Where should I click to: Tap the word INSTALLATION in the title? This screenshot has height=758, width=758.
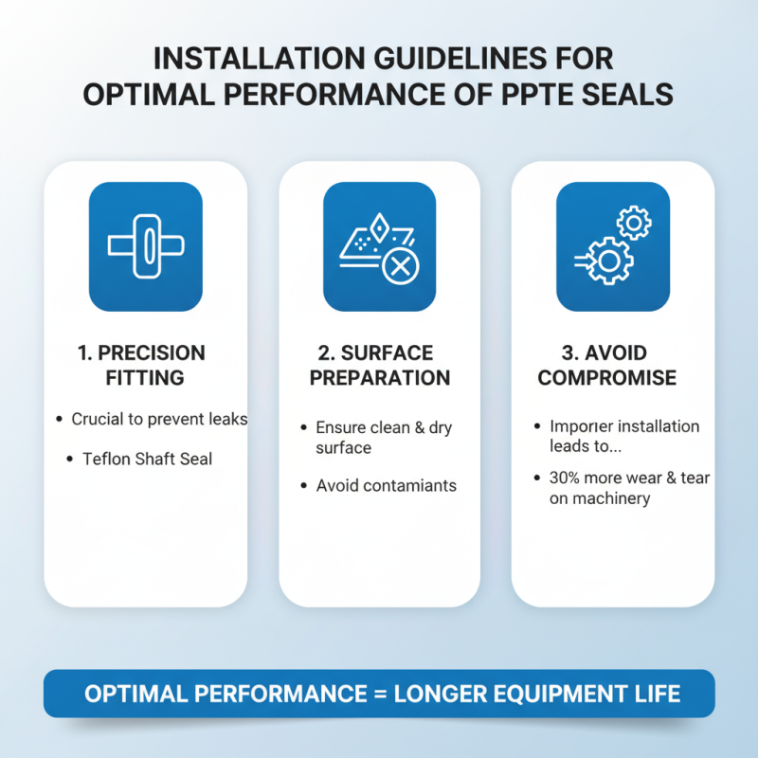pyautogui.click(x=259, y=59)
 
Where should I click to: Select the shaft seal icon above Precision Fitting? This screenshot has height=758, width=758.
pyautogui.click(x=146, y=246)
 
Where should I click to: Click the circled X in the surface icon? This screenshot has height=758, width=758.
pyautogui.click(x=400, y=266)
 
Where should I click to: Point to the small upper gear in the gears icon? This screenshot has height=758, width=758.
pyautogui.click(x=634, y=223)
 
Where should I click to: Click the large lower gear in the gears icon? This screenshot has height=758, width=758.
pyautogui.click(x=608, y=261)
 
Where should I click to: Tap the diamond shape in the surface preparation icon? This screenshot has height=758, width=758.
pyautogui.click(x=380, y=227)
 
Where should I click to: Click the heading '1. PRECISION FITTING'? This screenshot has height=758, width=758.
pyautogui.click(x=142, y=365)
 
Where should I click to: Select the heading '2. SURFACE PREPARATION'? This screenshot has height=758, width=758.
pyautogui.click(x=380, y=365)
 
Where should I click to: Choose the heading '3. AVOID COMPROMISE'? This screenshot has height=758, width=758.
pyautogui.click(x=606, y=365)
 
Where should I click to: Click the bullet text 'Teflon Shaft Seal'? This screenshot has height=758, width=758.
pyautogui.click(x=147, y=459)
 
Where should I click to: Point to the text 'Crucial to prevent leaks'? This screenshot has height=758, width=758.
pyautogui.click(x=159, y=419)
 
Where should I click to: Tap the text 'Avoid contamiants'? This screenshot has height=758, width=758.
pyautogui.click(x=386, y=485)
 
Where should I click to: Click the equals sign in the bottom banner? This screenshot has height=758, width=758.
pyautogui.click(x=381, y=694)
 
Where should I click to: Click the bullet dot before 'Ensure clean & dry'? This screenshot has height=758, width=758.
pyautogui.click(x=303, y=427)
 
